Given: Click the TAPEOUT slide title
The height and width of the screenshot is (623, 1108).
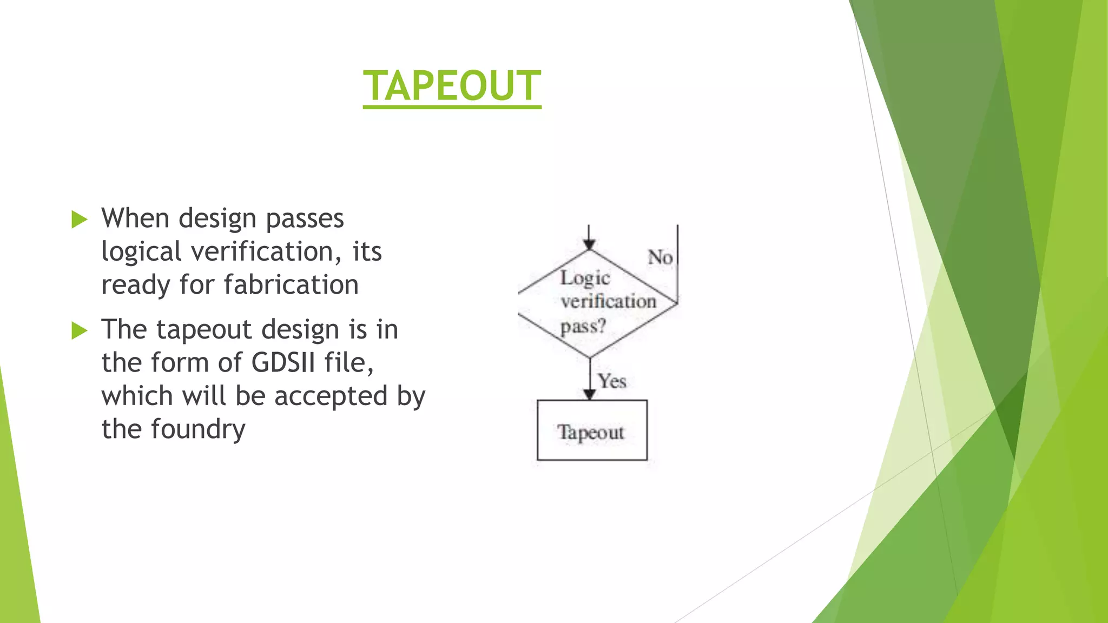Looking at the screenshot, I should (452, 87).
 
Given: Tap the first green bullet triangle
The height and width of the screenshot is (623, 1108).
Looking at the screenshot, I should (80, 220).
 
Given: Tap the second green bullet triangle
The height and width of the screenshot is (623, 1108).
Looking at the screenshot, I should (80, 330).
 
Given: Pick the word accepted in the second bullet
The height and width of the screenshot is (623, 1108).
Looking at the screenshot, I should (331, 396).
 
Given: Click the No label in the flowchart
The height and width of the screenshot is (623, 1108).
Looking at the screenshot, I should (660, 257).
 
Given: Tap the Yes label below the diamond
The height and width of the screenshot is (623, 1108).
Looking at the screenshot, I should (612, 381).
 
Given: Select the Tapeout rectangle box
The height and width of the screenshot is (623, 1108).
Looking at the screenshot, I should (592, 430).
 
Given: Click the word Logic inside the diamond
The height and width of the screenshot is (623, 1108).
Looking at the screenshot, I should (585, 279).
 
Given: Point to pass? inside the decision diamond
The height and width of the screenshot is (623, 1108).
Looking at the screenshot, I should (583, 327).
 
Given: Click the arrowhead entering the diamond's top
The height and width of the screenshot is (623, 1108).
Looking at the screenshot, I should (589, 244).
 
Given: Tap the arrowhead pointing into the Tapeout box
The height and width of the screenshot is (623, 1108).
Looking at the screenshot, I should (590, 394).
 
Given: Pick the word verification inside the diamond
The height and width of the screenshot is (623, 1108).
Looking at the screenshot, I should (608, 302).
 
